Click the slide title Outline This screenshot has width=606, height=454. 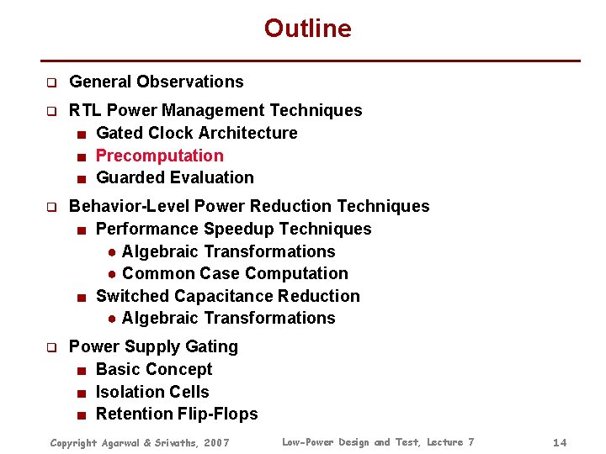click(x=307, y=29)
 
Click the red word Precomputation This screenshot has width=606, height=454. click(x=159, y=156)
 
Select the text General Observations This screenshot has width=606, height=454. click(x=156, y=82)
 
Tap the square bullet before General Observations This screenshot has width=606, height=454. click(x=50, y=82)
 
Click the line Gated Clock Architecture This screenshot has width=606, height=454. click(x=196, y=133)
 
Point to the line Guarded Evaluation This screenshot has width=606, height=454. click(x=174, y=177)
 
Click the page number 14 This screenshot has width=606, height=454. click(x=561, y=442)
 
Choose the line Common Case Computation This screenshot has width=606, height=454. click(x=234, y=273)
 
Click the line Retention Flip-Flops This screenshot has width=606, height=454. click(x=177, y=414)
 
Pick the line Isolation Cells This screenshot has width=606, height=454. click(x=152, y=392)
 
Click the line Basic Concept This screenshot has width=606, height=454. click(x=154, y=369)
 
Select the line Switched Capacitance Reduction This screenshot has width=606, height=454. click(x=227, y=296)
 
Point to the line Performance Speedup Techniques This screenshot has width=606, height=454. click(x=233, y=229)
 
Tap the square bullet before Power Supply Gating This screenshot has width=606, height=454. click(x=50, y=347)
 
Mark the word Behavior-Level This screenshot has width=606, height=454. click(x=129, y=206)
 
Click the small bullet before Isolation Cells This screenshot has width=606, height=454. click(x=79, y=393)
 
